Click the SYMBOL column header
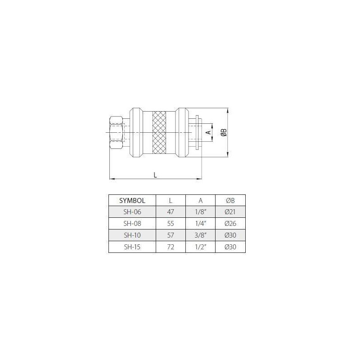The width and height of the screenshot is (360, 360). coord(132,200)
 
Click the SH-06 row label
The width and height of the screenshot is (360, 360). coord(132,212)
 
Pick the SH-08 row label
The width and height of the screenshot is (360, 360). coord(132,224)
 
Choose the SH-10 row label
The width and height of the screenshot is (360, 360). coord(132,235)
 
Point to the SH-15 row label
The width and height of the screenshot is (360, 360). coord(132,247)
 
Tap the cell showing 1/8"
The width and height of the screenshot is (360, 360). coord(200,212)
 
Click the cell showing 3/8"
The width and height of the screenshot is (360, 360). coord(200,235)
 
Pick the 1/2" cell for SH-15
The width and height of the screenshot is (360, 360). coord(200,247)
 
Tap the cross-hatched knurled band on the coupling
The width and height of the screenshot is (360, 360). coord(159,133)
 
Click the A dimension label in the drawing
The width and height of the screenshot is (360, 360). coord(208,132)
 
